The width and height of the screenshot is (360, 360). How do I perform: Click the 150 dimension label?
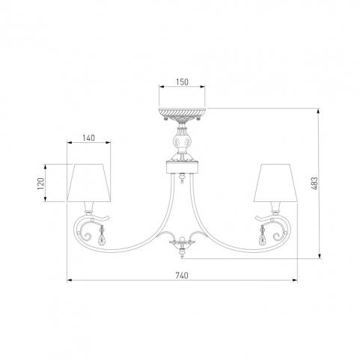tap(182, 82)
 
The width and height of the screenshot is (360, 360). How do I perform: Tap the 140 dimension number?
tap(88, 138)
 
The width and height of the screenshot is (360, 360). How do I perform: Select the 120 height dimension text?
tap(40, 183)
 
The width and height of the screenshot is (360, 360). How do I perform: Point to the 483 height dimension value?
tap(314, 183)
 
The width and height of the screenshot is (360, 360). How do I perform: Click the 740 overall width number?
tap(182, 275)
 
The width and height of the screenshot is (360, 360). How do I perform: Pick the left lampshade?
tap(88, 183)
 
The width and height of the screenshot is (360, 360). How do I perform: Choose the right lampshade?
tap(275, 183)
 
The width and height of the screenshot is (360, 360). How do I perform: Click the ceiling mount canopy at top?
tap(182, 114)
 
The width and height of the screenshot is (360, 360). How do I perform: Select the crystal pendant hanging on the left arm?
tap(102, 236)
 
